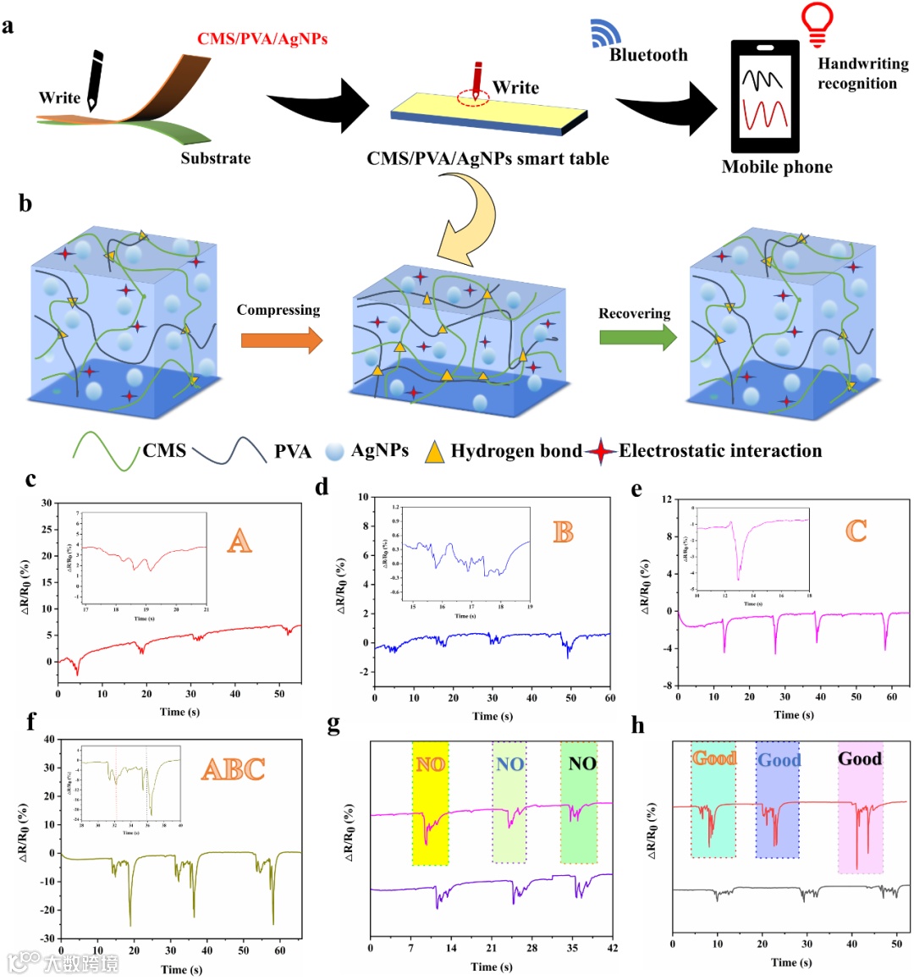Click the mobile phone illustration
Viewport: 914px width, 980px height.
tap(765, 96)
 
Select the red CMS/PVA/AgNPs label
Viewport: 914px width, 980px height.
tap(262, 39)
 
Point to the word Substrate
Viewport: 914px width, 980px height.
tap(215, 158)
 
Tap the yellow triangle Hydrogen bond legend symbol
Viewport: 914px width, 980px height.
tap(434, 452)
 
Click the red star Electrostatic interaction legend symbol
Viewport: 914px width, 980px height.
tap(602, 452)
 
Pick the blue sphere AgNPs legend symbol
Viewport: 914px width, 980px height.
tap(335, 451)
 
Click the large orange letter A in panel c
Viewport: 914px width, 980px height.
tap(240, 540)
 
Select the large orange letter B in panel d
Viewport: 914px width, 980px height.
tap(563, 532)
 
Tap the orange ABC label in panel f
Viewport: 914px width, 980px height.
tap(233, 769)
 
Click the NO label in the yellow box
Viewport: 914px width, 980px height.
tap(430, 765)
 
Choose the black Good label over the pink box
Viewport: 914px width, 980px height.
tap(860, 759)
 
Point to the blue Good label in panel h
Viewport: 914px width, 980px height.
tap(779, 760)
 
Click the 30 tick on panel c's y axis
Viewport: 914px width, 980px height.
tap(47, 504)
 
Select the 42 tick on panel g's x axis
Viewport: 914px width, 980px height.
tap(613, 948)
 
